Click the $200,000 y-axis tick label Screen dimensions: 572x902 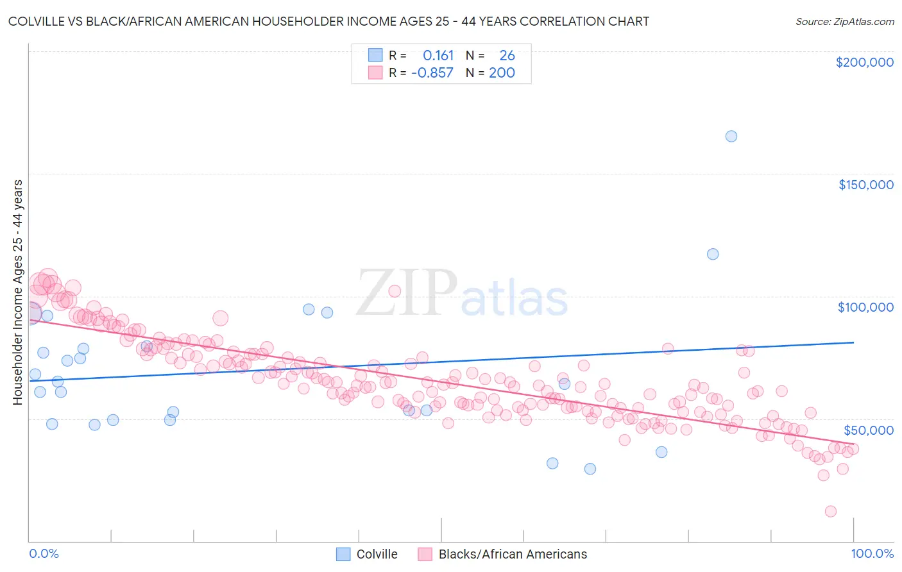tap(864, 62)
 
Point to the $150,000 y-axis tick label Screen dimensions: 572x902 tap(865, 185)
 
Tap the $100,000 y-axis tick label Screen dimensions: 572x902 tap(865, 307)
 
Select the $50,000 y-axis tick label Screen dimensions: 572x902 tap(868, 430)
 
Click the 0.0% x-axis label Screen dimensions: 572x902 tap(44, 553)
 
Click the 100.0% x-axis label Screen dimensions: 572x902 tap(872, 553)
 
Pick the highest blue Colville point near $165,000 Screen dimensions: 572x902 tap(731, 136)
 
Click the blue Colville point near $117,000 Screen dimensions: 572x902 tap(713, 254)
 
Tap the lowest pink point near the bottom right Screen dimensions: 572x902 tap(830, 511)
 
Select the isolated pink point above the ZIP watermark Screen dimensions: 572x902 tap(395, 291)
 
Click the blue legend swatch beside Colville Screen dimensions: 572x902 tap(343, 554)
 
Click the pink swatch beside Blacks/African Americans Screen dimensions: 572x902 tap(425, 554)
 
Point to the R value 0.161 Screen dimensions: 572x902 tap(438, 56)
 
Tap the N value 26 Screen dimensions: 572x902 tap(507, 56)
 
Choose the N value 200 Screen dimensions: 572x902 tap(502, 73)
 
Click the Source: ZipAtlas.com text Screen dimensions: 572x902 tap(844, 22)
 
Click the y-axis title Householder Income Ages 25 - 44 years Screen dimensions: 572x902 tap(18, 292)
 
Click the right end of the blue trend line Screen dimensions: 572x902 tap(853, 342)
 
